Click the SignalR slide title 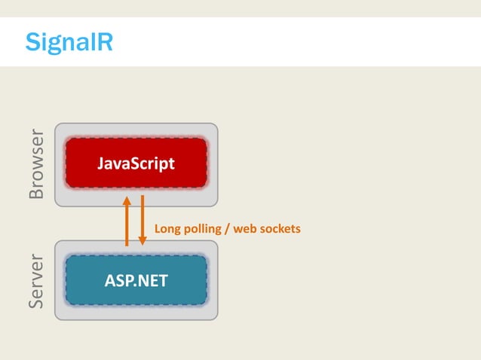[x=69, y=41]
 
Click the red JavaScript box [x=136, y=163]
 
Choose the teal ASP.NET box [x=136, y=281]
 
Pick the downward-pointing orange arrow [x=142, y=222]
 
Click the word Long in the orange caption [x=167, y=228]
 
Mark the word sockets [x=280, y=228]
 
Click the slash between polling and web [x=227, y=228]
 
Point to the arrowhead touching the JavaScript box [x=127, y=200]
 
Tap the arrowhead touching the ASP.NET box [x=142, y=241]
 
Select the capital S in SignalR [x=32, y=41]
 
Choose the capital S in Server [x=36, y=303]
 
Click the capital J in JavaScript [x=100, y=163]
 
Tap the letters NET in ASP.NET [x=152, y=281]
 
